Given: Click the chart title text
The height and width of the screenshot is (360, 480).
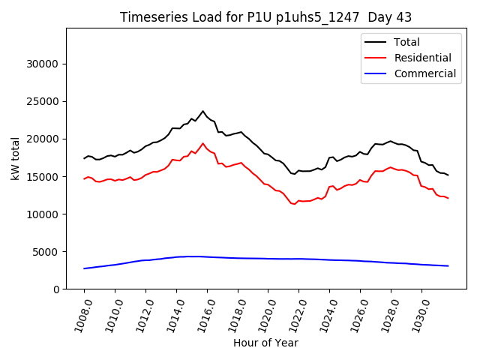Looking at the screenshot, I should (x=265, y=17).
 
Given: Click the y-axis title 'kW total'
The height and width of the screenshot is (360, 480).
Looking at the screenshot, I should (x=15, y=158).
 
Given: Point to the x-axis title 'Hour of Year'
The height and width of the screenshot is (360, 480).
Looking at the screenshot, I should (x=265, y=343).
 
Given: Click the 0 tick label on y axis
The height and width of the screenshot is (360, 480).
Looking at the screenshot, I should (x=55, y=289).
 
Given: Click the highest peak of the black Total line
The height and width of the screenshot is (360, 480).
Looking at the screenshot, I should (x=202, y=111).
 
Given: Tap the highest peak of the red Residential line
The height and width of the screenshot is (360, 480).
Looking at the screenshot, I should (x=202, y=143).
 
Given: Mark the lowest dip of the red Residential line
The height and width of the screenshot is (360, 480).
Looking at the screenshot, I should (x=294, y=204).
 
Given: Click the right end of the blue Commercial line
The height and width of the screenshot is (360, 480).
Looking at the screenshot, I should (x=448, y=266).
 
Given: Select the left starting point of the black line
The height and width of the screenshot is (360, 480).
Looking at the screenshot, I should (x=84, y=158).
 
